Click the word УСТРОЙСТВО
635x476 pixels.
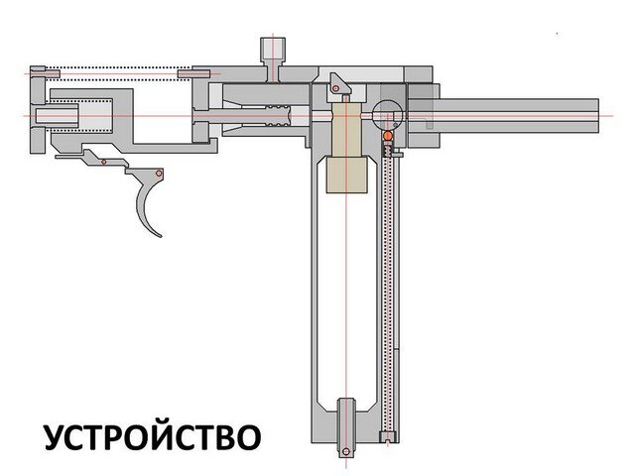[x=152, y=436]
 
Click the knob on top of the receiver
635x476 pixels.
[x=272, y=49]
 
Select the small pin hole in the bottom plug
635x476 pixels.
[x=346, y=452]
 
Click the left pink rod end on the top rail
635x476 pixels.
[x=38, y=72]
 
